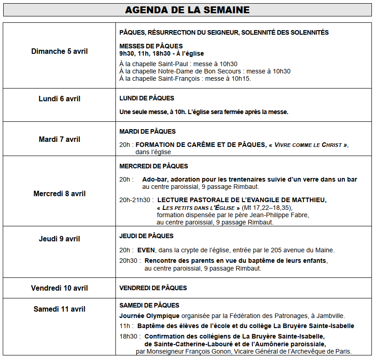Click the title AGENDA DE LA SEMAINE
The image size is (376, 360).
[x=188, y=10]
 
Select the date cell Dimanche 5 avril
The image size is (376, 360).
[x=59, y=51]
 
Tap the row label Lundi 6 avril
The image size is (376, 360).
[x=59, y=99]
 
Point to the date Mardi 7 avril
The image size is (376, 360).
[x=59, y=139]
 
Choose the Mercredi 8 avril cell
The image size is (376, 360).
[x=59, y=193]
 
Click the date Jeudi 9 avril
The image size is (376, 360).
[x=59, y=239]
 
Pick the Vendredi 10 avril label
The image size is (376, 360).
[x=59, y=288]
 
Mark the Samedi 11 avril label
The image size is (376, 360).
[x=59, y=309]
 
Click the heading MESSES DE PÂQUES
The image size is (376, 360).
[x=151, y=46]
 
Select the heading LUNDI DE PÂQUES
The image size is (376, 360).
[x=146, y=98]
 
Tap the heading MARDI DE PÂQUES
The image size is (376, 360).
[x=147, y=131]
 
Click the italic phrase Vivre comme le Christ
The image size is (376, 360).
[x=308, y=145]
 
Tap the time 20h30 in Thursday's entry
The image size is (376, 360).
[x=128, y=261]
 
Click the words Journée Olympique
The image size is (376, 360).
[x=149, y=315]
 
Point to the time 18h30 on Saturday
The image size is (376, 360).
[x=128, y=336]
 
